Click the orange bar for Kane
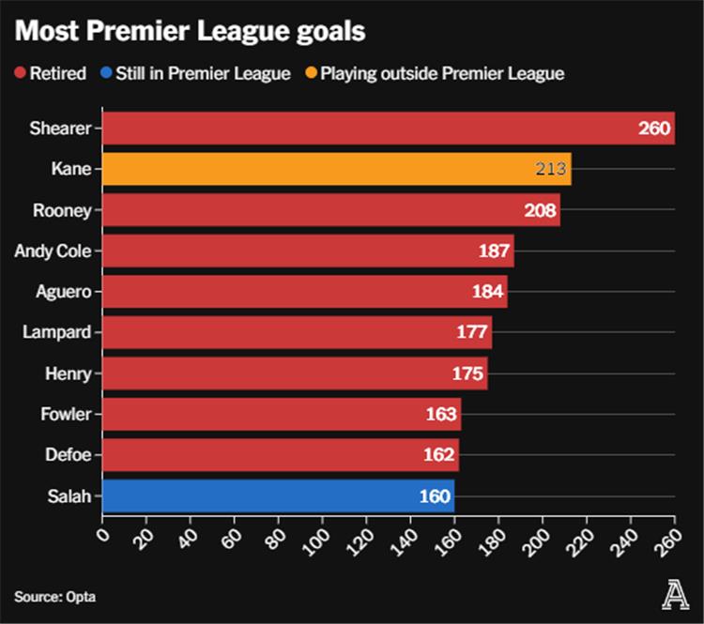[336, 169]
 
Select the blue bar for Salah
[278, 496]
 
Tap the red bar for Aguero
[304, 292]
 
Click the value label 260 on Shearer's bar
[655, 129]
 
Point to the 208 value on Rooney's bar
[541, 210]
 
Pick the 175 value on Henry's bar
[468, 373]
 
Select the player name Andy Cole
[53, 251]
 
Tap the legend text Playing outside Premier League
[442, 73]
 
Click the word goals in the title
[318, 31]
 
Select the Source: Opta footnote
[54, 597]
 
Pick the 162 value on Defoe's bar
[439, 455]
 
